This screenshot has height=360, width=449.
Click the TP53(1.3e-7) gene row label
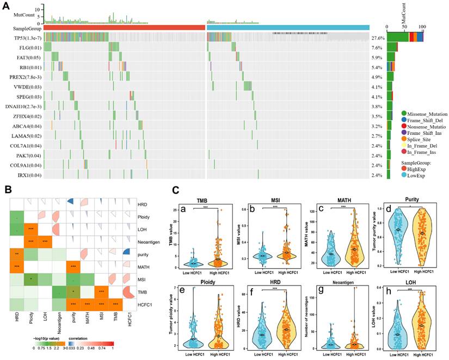[21, 39]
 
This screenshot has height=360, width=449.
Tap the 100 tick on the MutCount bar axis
[422, 26]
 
